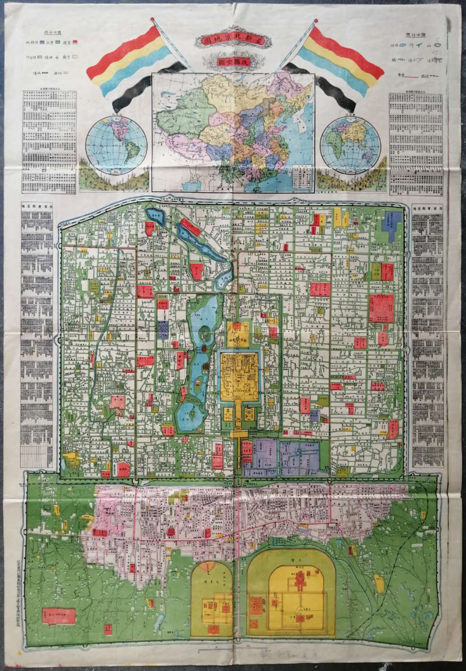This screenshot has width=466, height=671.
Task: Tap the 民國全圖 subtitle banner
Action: (x=233, y=62)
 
